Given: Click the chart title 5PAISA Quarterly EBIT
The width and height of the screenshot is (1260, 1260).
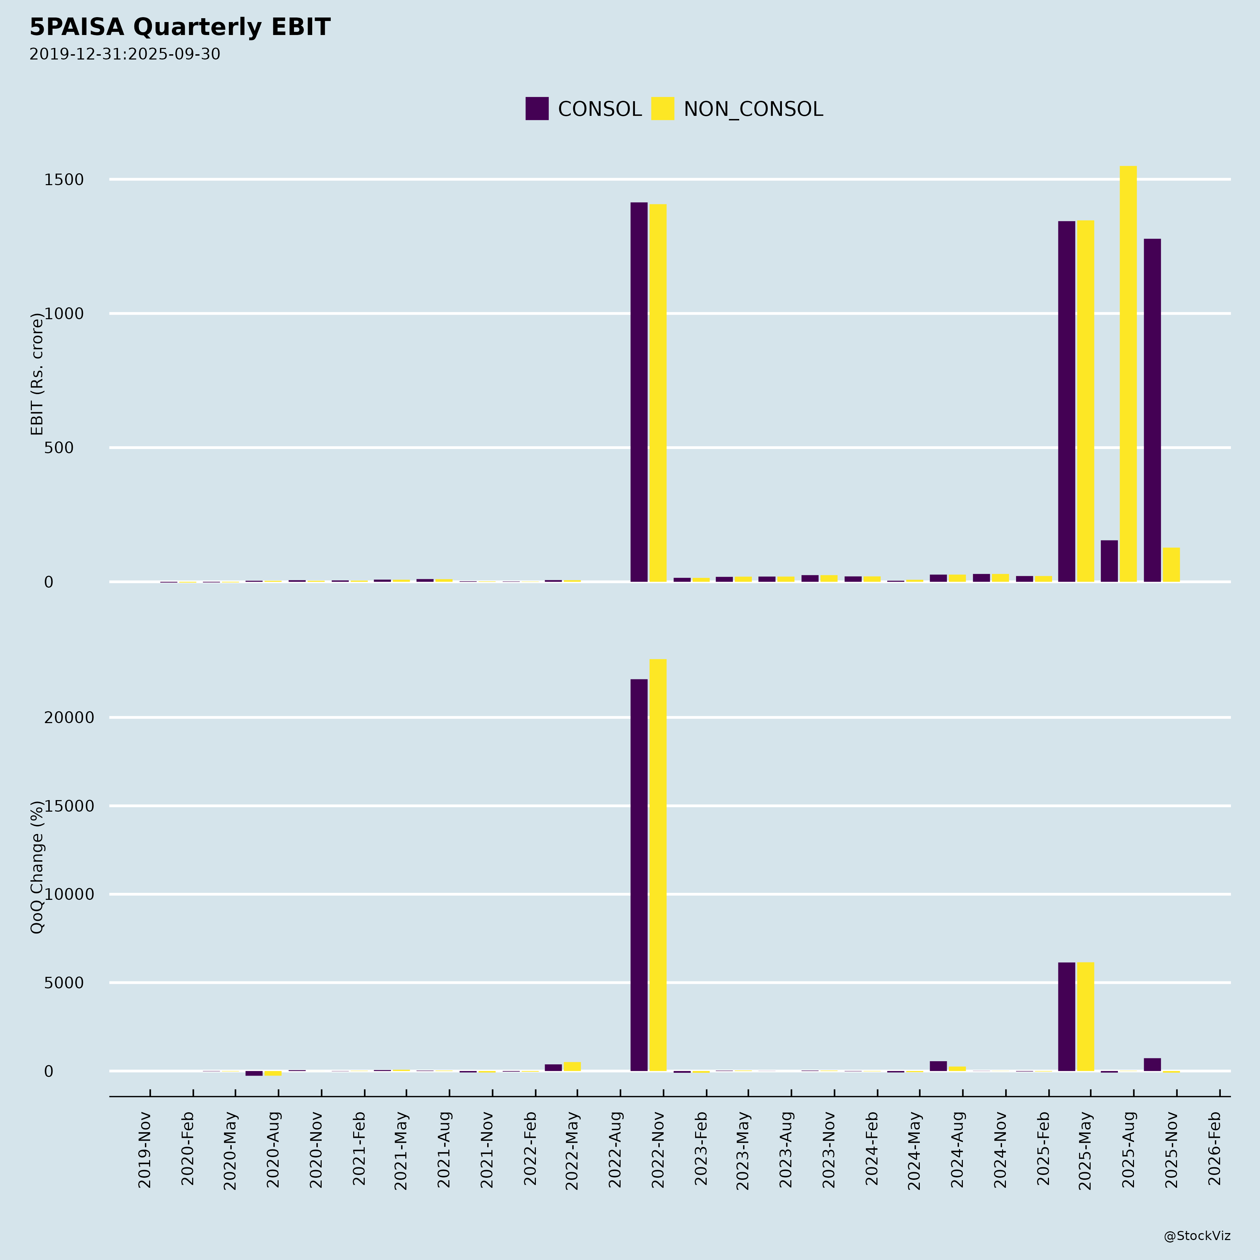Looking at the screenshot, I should coord(180,27).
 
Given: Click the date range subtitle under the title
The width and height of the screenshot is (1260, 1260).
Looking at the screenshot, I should coord(125,54).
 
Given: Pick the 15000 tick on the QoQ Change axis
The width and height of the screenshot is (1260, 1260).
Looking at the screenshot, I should coord(69,806).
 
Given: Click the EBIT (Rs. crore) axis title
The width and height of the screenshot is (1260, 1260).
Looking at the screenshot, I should coord(37,374).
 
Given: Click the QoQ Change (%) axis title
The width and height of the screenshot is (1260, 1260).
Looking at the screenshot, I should coord(37,867).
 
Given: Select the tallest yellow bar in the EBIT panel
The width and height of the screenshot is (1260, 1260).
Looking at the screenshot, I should coord(1128,374).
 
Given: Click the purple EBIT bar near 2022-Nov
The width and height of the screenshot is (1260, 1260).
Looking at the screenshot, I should coord(639,392).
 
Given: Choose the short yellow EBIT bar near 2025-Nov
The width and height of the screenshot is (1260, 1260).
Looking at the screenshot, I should coord(1171,565).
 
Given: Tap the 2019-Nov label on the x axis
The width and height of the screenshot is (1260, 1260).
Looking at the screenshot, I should coord(145,1151).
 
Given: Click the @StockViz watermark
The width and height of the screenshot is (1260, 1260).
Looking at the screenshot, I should coord(1197,1236).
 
